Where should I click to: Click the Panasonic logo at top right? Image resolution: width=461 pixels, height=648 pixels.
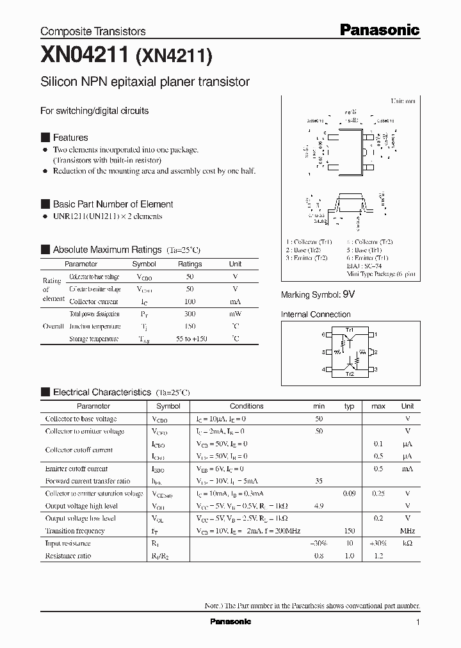(379, 29)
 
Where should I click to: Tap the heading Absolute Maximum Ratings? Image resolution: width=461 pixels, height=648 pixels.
(107, 249)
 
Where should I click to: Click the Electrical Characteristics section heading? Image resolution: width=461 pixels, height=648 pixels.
(102, 392)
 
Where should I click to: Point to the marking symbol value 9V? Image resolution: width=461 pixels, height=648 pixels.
(348, 294)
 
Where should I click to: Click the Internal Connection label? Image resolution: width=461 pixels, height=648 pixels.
(316, 314)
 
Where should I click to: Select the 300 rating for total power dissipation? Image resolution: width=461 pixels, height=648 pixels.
(190, 314)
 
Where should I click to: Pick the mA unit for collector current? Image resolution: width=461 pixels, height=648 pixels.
(236, 302)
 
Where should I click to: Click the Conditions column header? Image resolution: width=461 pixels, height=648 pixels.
(247, 406)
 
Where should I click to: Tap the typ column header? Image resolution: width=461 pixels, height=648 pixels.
(349, 406)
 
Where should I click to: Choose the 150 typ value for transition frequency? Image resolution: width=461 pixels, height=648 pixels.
(349, 531)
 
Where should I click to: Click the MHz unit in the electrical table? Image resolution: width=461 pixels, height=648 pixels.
(407, 531)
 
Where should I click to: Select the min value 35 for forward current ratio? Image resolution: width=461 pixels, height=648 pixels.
(319, 481)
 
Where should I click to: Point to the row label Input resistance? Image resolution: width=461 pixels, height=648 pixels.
(68, 543)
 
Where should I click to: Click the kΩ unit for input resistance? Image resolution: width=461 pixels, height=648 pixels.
(407, 543)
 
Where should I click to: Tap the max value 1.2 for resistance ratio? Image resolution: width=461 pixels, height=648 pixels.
(378, 556)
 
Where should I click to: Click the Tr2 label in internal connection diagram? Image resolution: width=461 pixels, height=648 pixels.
(350, 373)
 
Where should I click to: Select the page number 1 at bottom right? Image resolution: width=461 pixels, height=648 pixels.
(417, 622)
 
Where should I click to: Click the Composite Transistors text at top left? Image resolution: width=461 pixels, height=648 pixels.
(93, 31)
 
